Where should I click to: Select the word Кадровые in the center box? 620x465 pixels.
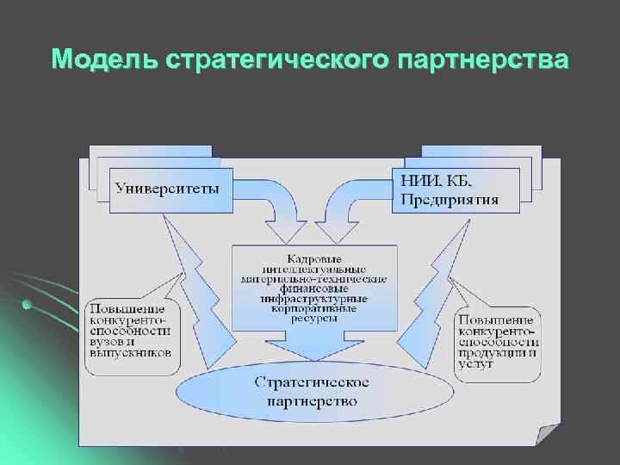click(x=313, y=257)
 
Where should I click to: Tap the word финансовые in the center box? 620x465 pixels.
click(x=314, y=288)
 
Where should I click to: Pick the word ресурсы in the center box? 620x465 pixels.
click(x=313, y=317)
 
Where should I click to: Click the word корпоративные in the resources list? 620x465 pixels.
click(x=314, y=307)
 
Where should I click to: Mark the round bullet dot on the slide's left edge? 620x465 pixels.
click(x=28, y=304)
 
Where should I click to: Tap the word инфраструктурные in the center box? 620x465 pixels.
click(x=314, y=298)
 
